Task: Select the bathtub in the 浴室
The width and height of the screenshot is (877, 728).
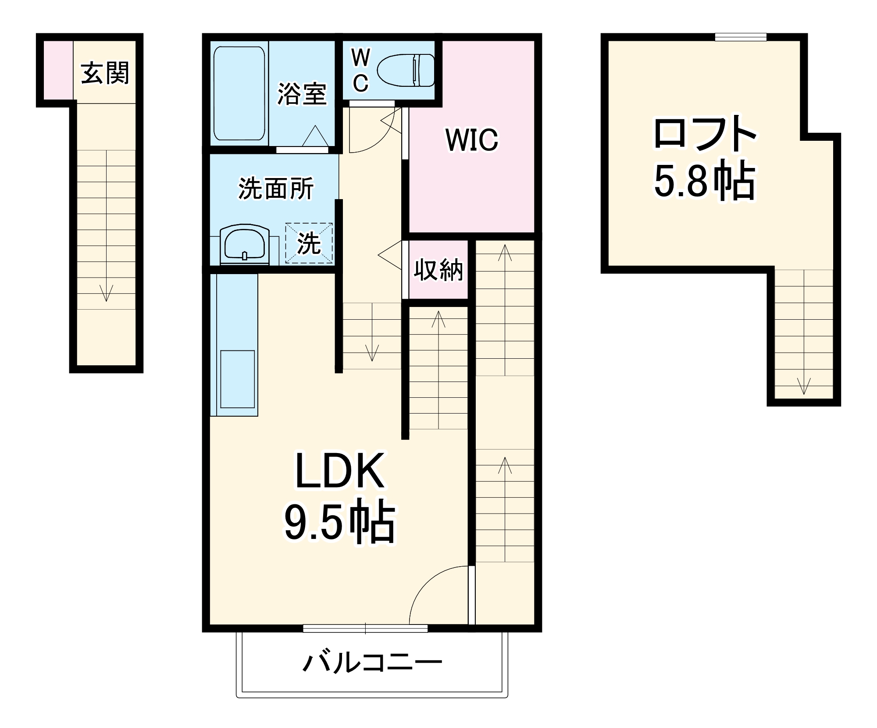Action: (239, 93)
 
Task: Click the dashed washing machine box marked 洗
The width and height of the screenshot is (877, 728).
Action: (309, 243)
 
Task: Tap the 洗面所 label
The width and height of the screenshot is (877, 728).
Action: (276, 189)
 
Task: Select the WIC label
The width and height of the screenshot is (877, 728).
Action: (472, 140)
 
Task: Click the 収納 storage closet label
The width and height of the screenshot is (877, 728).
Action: (438, 270)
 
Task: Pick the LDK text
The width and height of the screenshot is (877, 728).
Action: (340, 471)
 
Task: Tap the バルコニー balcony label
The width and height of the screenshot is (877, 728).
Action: (372, 663)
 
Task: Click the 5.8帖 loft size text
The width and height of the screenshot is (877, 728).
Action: (705, 181)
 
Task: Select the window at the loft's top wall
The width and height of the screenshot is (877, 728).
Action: (741, 37)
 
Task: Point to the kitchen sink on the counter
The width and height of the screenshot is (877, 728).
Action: (237, 379)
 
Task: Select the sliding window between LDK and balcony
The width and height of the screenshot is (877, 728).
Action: (365, 628)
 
